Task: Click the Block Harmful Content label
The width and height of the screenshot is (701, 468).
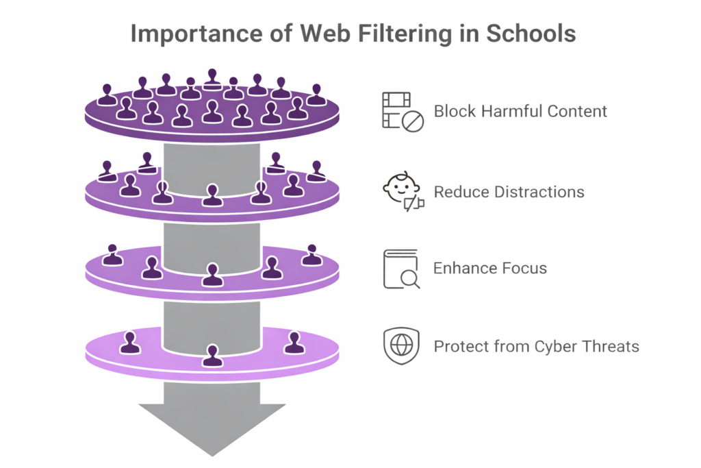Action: pos(520,111)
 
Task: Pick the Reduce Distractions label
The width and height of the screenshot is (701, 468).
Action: pos(509,192)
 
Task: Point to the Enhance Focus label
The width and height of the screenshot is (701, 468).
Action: pos(490,268)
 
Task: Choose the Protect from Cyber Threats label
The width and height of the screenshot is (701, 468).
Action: pos(536,346)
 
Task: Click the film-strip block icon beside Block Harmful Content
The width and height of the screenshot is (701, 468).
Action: pos(402,111)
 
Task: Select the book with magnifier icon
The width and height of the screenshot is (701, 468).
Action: pos(401,268)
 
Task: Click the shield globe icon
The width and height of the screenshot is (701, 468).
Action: pos(400,346)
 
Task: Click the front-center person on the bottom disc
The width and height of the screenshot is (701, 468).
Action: pos(212,356)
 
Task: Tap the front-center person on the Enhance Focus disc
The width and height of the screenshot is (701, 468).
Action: pos(212,275)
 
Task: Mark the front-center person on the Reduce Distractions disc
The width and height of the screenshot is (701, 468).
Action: pos(212,195)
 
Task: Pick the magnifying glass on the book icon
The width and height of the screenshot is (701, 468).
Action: pos(409,278)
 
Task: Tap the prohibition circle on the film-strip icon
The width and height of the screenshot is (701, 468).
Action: pos(413,121)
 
